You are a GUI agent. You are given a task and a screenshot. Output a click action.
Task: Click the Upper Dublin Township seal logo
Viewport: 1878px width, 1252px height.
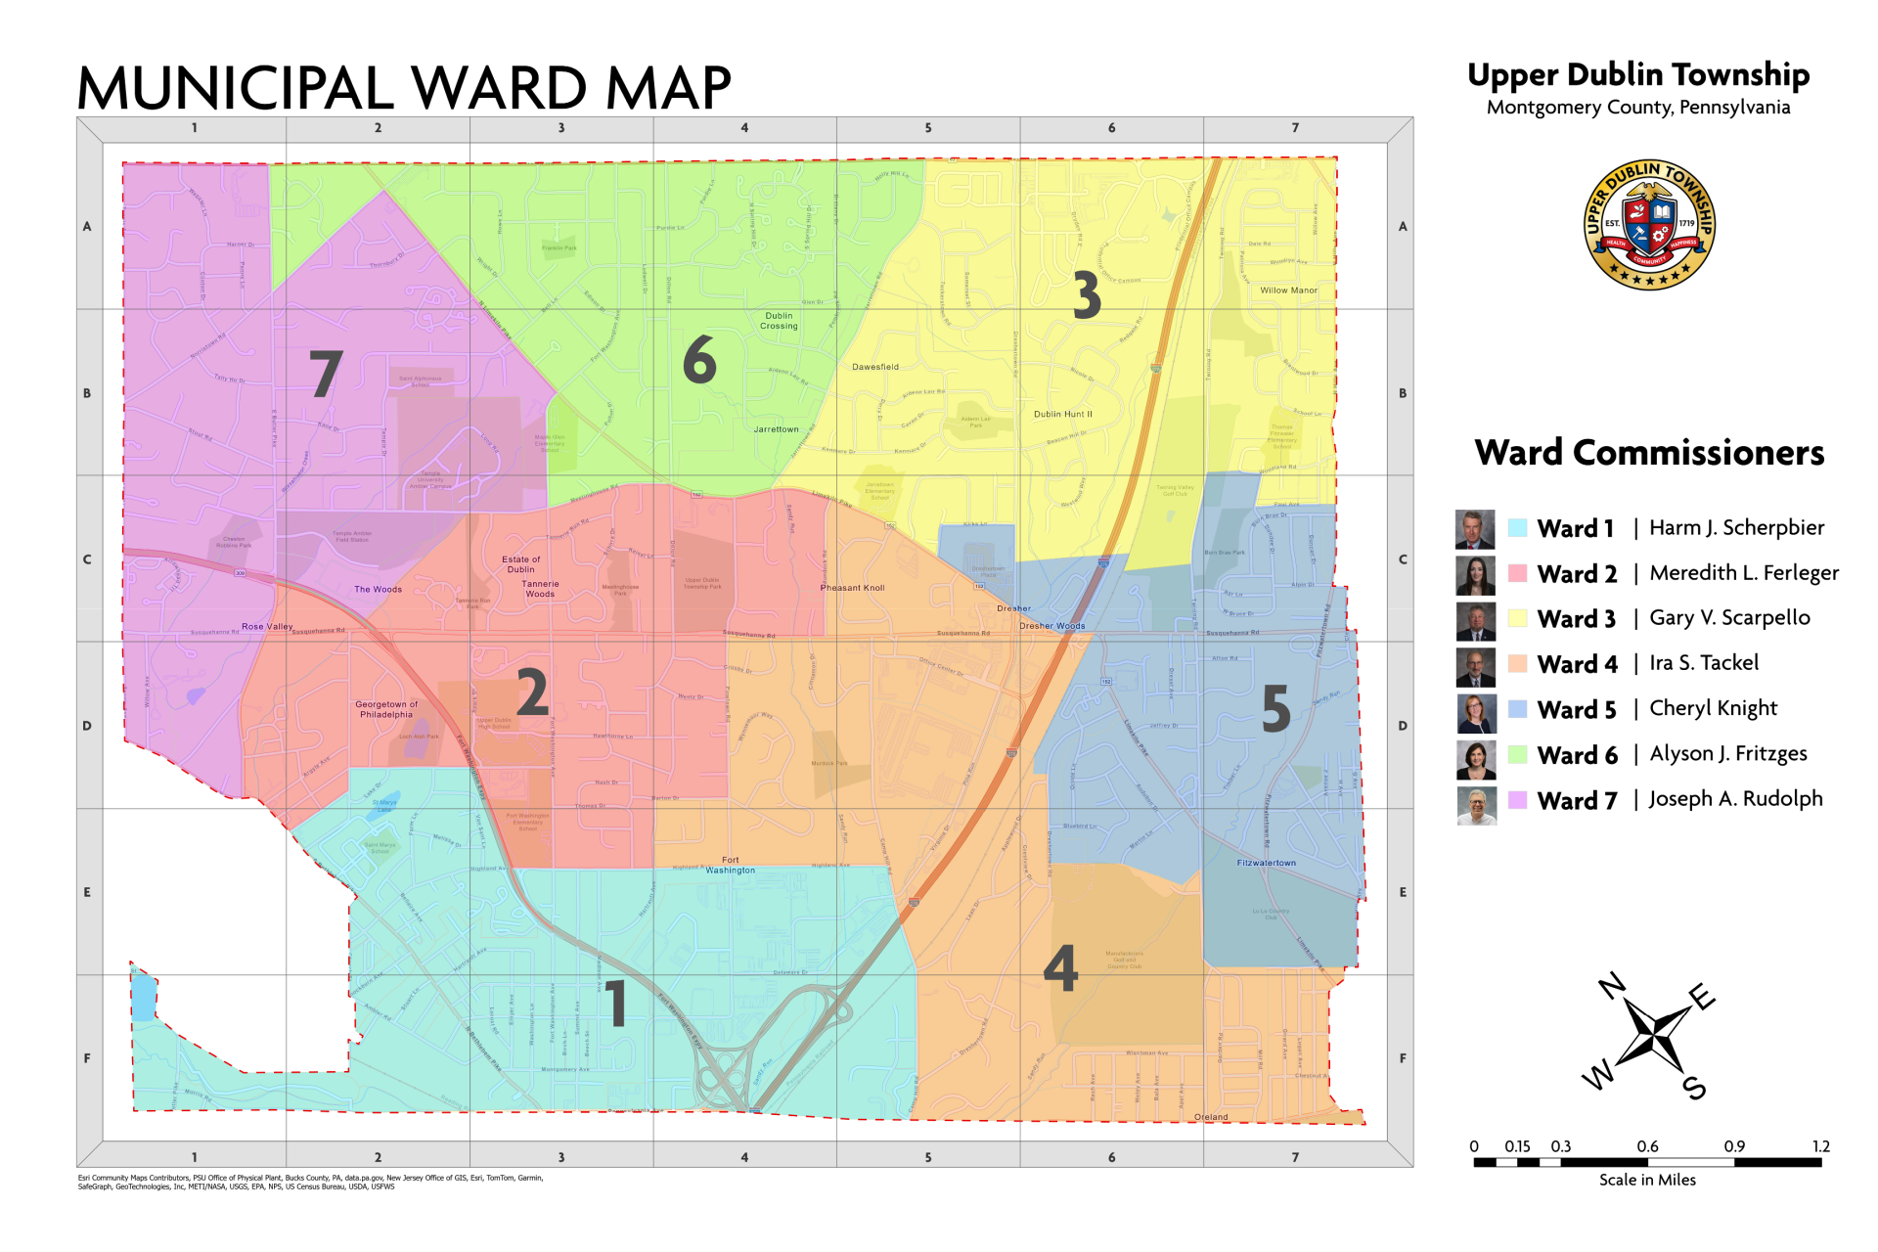click(x=1649, y=225)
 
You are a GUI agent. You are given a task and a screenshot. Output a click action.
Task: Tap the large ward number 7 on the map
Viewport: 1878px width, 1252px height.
click(x=326, y=374)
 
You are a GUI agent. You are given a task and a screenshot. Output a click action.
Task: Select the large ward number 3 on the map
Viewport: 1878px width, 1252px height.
click(x=1086, y=295)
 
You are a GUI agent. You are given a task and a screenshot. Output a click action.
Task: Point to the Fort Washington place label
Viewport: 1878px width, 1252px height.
click(x=731, y=865)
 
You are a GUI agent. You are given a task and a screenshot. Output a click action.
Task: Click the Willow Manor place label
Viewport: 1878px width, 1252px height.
click(x=1288, y=291)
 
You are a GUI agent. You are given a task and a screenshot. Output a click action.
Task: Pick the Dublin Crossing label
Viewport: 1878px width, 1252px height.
click(x=779, y=321)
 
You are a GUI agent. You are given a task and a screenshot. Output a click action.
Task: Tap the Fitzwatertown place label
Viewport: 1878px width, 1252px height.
click(x=1266, y=863)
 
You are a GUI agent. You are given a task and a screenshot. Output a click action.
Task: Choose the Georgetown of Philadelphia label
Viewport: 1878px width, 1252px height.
click(x=386, y=709)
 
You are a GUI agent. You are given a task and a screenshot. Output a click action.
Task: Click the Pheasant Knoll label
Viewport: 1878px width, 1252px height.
click(x=852, y=588)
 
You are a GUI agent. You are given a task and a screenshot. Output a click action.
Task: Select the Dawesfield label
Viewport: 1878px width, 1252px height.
click(x=874, y=367)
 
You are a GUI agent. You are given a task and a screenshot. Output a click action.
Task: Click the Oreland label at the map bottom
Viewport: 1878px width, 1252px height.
click(x=1211, y=1117)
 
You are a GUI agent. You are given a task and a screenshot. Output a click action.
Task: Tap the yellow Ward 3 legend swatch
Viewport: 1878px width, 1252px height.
click(x=1517, y=618)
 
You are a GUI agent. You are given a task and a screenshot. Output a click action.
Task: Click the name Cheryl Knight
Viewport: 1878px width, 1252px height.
click(x=1713, y=708)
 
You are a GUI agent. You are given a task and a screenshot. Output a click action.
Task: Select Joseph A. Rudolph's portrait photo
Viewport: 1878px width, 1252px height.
click(x=1476, y=806)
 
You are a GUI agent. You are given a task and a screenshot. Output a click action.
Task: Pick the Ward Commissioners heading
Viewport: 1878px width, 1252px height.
click(x=1649, y=453)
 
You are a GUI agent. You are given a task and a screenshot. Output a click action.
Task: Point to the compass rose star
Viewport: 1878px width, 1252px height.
click(x=1651, y=1036)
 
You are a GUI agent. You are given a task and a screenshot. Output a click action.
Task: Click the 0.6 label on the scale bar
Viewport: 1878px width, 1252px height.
click(x=1647, y=1146)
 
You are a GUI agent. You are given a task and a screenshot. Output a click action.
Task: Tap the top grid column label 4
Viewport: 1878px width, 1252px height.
click(x=744, y=128)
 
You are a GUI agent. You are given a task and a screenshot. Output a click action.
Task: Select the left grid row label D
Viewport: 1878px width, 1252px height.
click(x=87, y=726)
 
